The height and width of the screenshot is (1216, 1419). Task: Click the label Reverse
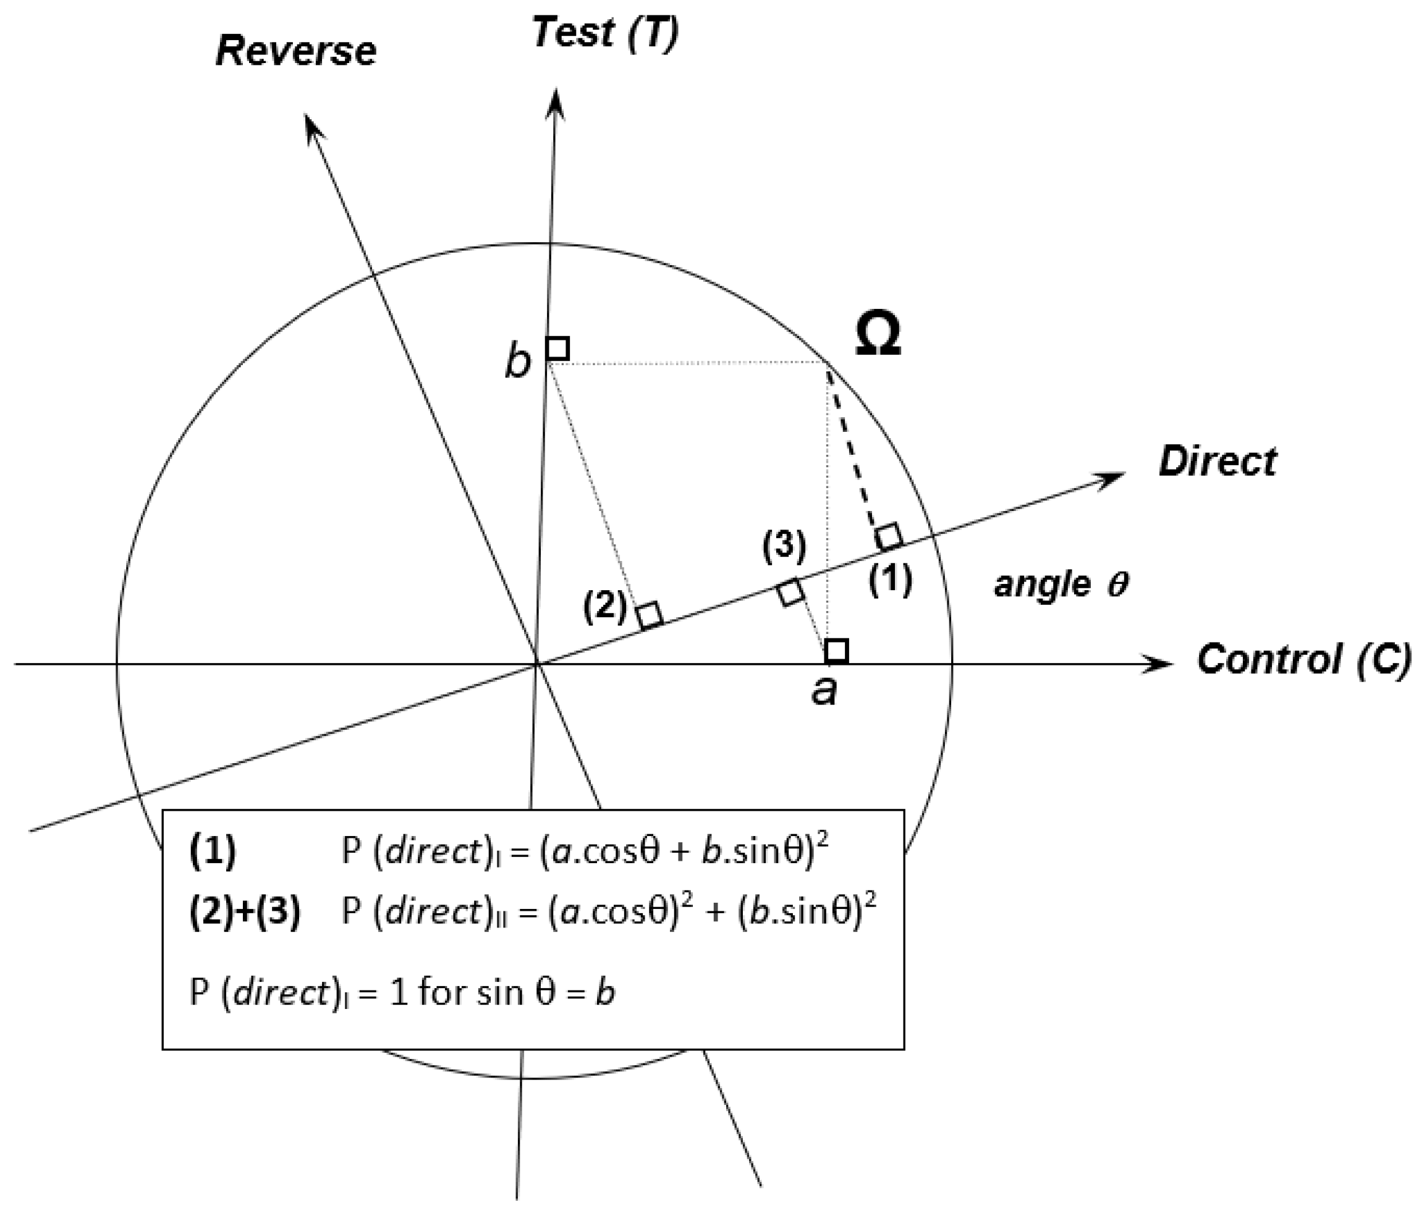pos(296,51)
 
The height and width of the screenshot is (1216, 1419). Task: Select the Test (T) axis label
pos(606,33)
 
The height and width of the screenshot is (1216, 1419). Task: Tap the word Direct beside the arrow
pos(1217,462)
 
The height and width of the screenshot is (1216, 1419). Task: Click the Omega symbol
pos(878,336)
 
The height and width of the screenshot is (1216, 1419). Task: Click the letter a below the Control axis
pos(824,691)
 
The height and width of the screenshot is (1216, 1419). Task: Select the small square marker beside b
pos(557,348)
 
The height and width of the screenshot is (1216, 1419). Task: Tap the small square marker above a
pos(837,651)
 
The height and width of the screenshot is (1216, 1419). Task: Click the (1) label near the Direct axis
pos(891,581)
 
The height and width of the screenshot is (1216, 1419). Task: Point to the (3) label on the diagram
pos(784,546)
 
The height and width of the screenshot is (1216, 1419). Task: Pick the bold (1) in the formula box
pos(213,851)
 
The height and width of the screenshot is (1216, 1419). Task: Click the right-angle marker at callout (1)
pos(889,537)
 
